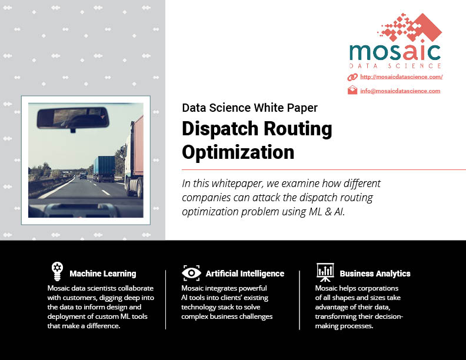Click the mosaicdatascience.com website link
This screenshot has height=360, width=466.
(401, 77)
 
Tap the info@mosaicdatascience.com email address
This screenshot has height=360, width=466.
(400, 91)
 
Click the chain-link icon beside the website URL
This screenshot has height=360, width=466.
(352, 77)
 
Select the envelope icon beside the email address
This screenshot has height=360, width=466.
(352, 90)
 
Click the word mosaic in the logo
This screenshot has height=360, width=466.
(395, 52)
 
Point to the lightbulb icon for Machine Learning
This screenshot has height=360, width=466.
(57, 271)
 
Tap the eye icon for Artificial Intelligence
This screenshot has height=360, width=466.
(191, 273)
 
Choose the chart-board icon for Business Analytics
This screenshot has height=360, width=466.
(325, 272)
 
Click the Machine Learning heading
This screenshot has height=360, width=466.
(103, 274)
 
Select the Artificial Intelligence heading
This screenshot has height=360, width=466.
(245, 274)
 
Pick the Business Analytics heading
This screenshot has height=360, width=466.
(375, 274)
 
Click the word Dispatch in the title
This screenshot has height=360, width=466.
(220, 129)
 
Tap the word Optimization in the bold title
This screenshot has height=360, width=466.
(238, 152)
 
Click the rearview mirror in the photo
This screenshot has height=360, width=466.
(73, 118)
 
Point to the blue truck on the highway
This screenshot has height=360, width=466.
(104, 169)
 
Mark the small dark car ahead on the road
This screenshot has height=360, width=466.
(83, 175)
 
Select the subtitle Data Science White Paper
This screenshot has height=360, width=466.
(249, 108)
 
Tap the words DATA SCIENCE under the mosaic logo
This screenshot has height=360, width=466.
(395, 66)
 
